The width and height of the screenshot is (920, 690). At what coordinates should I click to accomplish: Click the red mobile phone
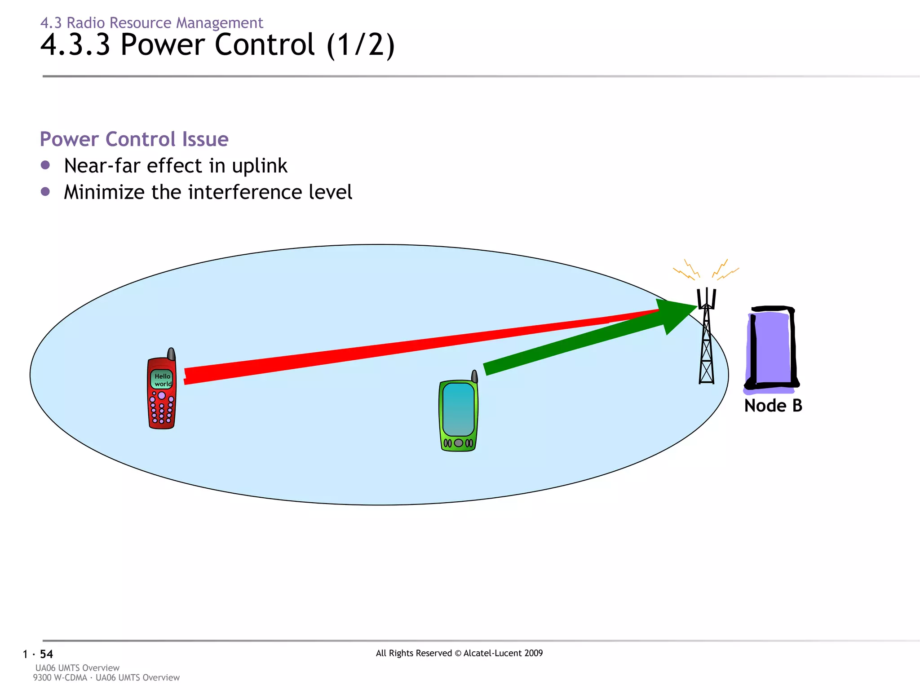click(x=161, y=395)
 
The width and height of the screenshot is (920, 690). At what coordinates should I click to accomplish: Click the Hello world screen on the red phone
click(x=162, y=380)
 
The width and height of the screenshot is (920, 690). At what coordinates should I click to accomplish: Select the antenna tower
click(x=707, y=341)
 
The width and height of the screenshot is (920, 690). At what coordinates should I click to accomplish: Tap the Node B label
click(x=773, y=406)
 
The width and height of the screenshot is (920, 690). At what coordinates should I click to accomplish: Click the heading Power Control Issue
click(x=134, y=139)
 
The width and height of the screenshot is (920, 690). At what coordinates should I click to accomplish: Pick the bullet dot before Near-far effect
click(x=45, y=165)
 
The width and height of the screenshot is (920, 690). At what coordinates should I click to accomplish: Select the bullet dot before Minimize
click(x=45, y=192)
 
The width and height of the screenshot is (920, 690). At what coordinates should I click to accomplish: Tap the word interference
click(x=245, y=192)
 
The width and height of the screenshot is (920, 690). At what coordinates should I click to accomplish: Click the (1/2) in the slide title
click(x=361, y=45)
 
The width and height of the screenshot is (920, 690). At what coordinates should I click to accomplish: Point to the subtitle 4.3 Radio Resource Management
click(x=151, y=22)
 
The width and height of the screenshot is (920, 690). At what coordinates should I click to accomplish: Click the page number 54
click(x=46, y=654)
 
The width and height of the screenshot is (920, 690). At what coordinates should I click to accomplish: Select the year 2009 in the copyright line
click(x=532, y=653)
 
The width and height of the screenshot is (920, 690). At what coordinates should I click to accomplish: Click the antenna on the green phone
click(x=474, y=376)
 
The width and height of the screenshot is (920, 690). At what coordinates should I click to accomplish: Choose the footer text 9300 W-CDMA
click(x=60, y=677)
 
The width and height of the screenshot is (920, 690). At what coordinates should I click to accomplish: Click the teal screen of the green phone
click(x=458, y=409)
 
